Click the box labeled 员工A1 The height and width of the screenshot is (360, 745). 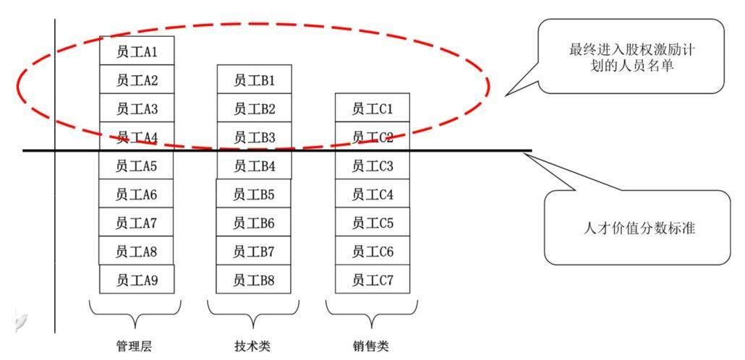(x=137, y=52)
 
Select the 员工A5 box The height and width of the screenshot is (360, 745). (x=137, y=166)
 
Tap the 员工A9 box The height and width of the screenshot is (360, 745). (x=137, y=279)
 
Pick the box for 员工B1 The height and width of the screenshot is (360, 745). (x=254, y=80)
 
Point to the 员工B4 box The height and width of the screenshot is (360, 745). (x=254, y=166)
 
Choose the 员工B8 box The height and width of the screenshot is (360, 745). (x=254, y=279)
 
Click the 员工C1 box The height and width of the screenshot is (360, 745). (x=372, y=108)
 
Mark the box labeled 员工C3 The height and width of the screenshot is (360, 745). (x=372, y=166)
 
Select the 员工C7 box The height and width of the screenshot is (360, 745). (x=372, y=279)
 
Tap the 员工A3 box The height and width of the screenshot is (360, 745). (x=137, y=108)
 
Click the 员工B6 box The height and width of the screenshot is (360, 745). (x=254, y=223)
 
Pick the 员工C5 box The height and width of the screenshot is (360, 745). (x=372, y=223)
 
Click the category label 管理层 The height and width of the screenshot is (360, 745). (x=135, y=346)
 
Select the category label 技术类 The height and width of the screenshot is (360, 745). (x=252, y=346)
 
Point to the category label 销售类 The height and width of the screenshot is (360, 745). (x=371, y=346)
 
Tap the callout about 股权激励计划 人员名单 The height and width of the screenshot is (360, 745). (x=632, y=57)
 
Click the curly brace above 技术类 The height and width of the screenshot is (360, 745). (x=252, y=312)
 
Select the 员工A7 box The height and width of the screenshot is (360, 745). (x=137, y=223)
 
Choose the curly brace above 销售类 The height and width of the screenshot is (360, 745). (x=371, y=312)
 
